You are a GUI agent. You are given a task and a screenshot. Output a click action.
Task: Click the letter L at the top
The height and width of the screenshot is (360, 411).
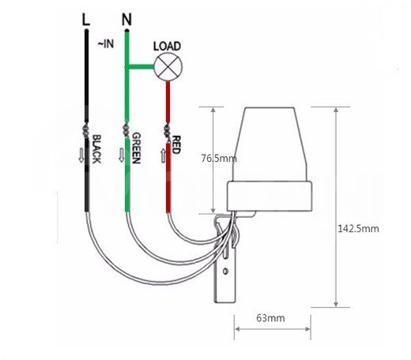[x=86, y=20]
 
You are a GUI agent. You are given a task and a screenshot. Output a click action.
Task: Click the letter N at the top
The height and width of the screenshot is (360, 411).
[x=126, y=20]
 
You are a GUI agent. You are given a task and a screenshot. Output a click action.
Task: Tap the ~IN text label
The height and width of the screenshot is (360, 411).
[x=106, y=43]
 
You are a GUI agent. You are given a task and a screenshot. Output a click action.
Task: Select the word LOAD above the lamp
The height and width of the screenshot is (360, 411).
[x=168, y=47]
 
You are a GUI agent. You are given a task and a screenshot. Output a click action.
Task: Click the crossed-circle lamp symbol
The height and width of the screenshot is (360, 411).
[x=168, y=66]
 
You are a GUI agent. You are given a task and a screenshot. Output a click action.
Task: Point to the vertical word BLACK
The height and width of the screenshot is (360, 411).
[x=96, y=149]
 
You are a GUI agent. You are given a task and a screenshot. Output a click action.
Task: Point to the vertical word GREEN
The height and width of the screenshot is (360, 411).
[x=136, y=148]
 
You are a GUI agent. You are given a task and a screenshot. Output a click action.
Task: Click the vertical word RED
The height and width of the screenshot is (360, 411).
[x=176, y=144]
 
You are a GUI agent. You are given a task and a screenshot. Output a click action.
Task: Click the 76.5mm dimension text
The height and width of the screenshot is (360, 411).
[x=219, y=159]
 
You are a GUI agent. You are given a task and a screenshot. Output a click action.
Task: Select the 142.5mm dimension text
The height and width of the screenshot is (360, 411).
[x=358, y=228]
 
